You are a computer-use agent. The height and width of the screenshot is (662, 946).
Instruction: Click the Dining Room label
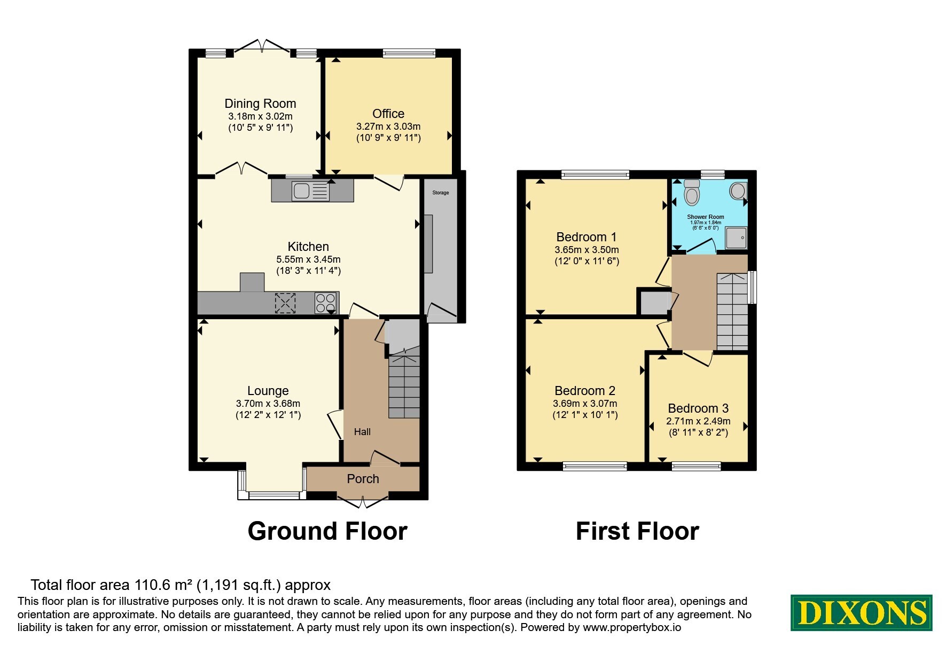pos(260,104)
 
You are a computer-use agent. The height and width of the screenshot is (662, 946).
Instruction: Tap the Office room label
pos(388,114)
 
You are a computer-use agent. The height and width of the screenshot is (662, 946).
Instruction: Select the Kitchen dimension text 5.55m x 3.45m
pos(308,259)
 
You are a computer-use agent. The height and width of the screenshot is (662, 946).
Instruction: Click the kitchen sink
pos(310,191)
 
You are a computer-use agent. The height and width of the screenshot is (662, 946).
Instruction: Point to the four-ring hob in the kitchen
pos(325,303)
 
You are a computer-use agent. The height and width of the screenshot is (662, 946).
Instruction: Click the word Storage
pos(441,193)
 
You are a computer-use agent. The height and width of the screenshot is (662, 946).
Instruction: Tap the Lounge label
pos(268,391)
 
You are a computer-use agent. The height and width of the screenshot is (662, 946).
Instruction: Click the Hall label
pos(362,432)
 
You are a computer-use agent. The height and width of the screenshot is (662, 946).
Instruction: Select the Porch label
pos(363,479)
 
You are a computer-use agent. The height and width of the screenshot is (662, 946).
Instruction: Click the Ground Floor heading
pos(327,531)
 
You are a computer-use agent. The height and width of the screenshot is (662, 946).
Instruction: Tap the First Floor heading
pos(637,531)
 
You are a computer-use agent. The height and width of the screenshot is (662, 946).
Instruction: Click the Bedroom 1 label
pos(587,237)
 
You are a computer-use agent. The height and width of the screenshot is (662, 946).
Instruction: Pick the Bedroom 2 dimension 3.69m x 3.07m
pos(585,404)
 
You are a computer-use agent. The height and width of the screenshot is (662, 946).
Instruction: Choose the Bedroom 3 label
pos(698,408)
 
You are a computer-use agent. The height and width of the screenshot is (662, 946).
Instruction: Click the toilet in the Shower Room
pos(692,192)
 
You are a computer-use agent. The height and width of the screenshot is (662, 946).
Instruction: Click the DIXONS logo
pos(862,612)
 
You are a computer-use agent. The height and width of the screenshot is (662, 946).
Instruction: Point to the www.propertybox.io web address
pos(632,628)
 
